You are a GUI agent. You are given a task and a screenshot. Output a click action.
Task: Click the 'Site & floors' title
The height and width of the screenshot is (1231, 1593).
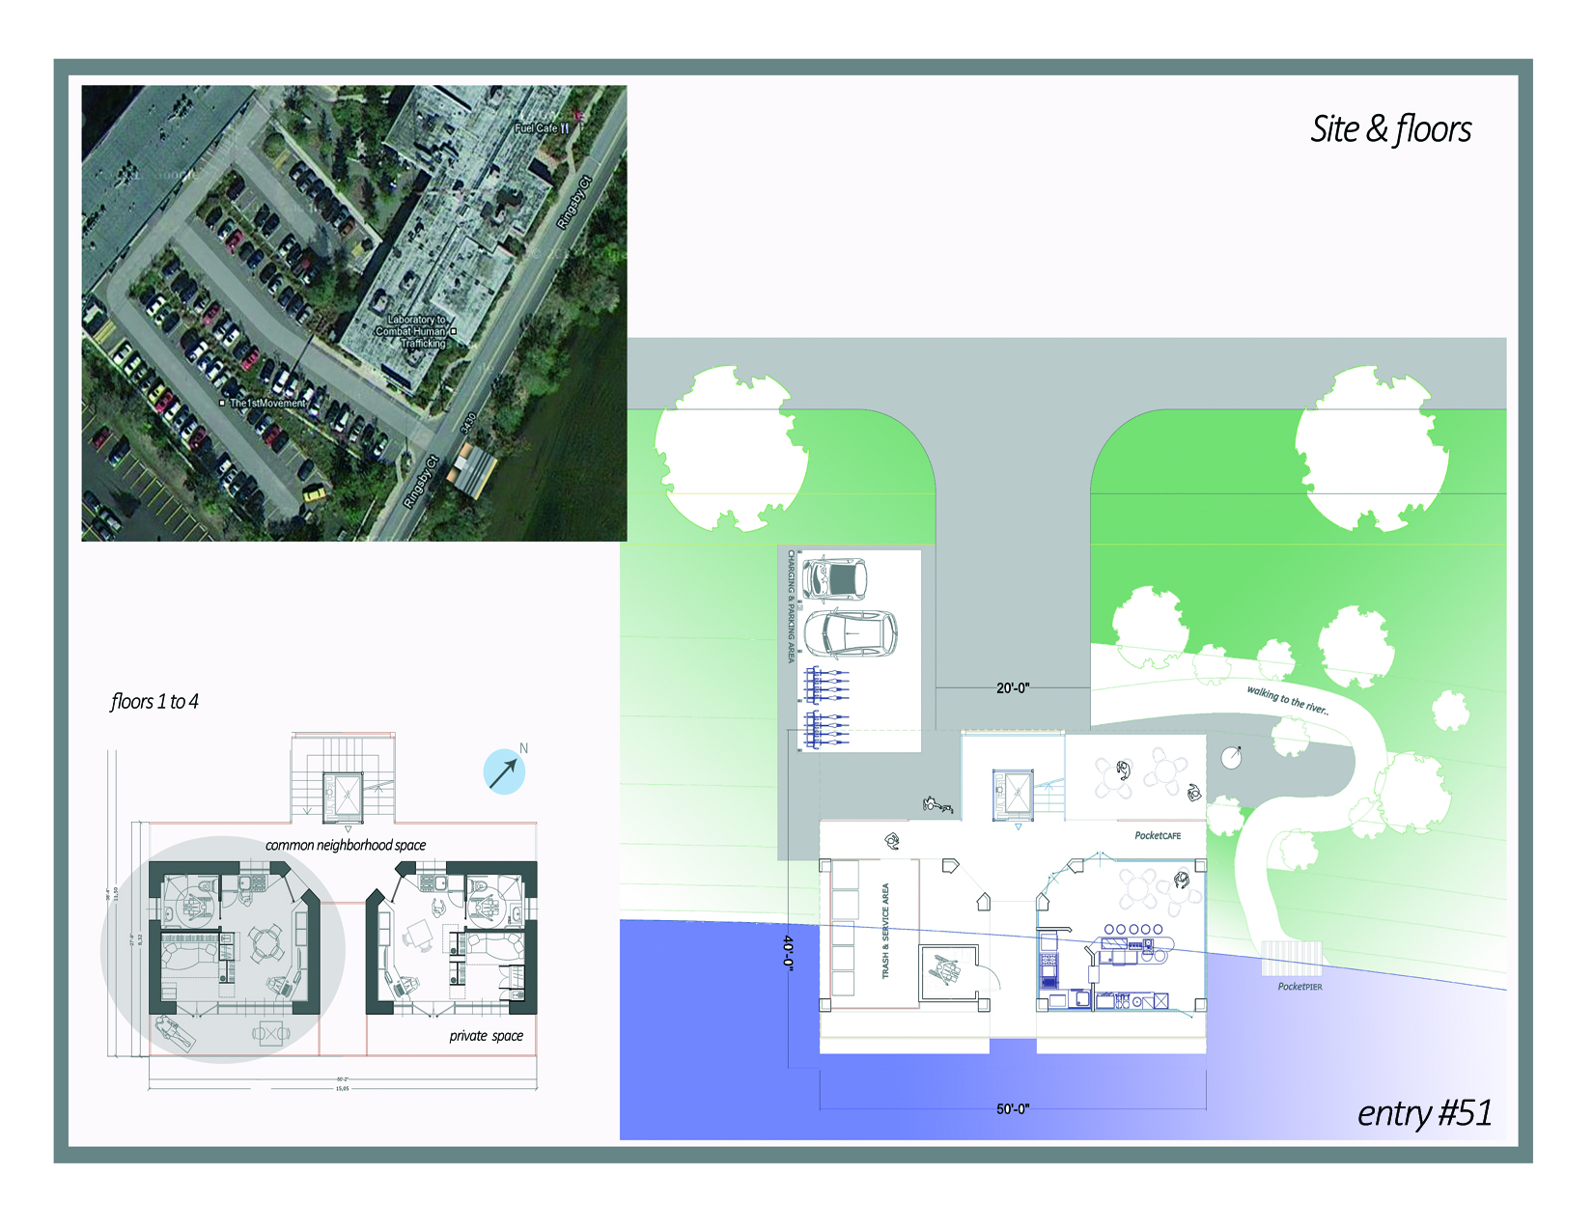tap(1390, 129)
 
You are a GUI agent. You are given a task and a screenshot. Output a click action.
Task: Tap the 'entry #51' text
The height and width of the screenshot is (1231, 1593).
tap(1424, 1113)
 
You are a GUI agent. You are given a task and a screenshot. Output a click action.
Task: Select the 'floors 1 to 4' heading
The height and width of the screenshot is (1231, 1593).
tap(154, 702)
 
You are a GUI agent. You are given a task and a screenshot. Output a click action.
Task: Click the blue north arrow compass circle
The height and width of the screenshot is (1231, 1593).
tap(504, 772)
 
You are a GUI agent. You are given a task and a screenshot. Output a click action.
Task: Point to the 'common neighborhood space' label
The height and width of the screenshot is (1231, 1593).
tap(346, 846)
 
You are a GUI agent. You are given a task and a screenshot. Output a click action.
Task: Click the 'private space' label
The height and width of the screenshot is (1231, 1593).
tap(486, 1036)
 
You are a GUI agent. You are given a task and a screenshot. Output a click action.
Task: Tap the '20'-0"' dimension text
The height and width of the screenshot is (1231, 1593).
tap(1013, 688)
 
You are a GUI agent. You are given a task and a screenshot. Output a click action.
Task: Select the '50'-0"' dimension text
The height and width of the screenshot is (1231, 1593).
tap(1013, 1109)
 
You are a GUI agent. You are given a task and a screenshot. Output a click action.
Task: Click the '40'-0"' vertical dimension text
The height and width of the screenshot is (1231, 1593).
tap(789, 952)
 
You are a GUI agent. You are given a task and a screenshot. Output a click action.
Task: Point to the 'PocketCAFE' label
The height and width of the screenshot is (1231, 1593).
tap(1158, 836)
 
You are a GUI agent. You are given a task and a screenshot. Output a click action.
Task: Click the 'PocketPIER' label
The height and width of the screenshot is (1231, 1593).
tap(1300, 987)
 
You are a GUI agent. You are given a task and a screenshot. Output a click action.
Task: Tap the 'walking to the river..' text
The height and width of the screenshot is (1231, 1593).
tap(1287, 699)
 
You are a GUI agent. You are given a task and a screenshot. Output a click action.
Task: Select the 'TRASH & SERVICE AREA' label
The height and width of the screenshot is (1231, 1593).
tap(885, 931)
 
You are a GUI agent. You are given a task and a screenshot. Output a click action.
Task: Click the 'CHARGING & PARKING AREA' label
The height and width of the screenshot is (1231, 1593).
tap(792, 606)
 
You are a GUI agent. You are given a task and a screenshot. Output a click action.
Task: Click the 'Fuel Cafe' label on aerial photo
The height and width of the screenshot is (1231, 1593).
tap(536, 127)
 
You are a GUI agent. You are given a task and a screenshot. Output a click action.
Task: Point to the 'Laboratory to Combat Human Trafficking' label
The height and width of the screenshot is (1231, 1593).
tap(416, 331)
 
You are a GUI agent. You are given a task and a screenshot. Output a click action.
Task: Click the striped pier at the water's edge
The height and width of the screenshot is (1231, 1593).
tap(1291, 959)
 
